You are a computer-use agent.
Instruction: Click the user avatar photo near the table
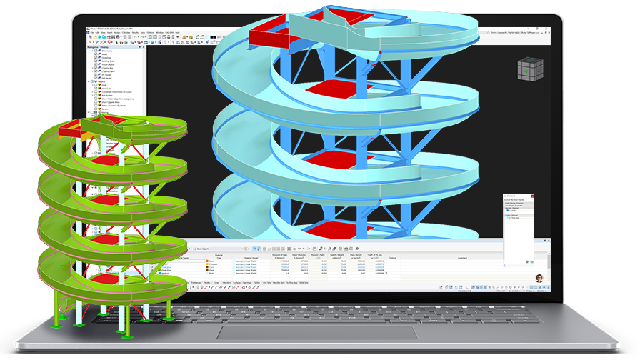[x=538, y=277]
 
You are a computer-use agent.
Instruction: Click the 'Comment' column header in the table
[x=462, y=258]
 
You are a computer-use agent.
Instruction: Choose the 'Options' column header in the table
[x=392, y=258]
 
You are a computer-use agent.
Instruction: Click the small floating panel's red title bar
[x=519, y=196]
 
